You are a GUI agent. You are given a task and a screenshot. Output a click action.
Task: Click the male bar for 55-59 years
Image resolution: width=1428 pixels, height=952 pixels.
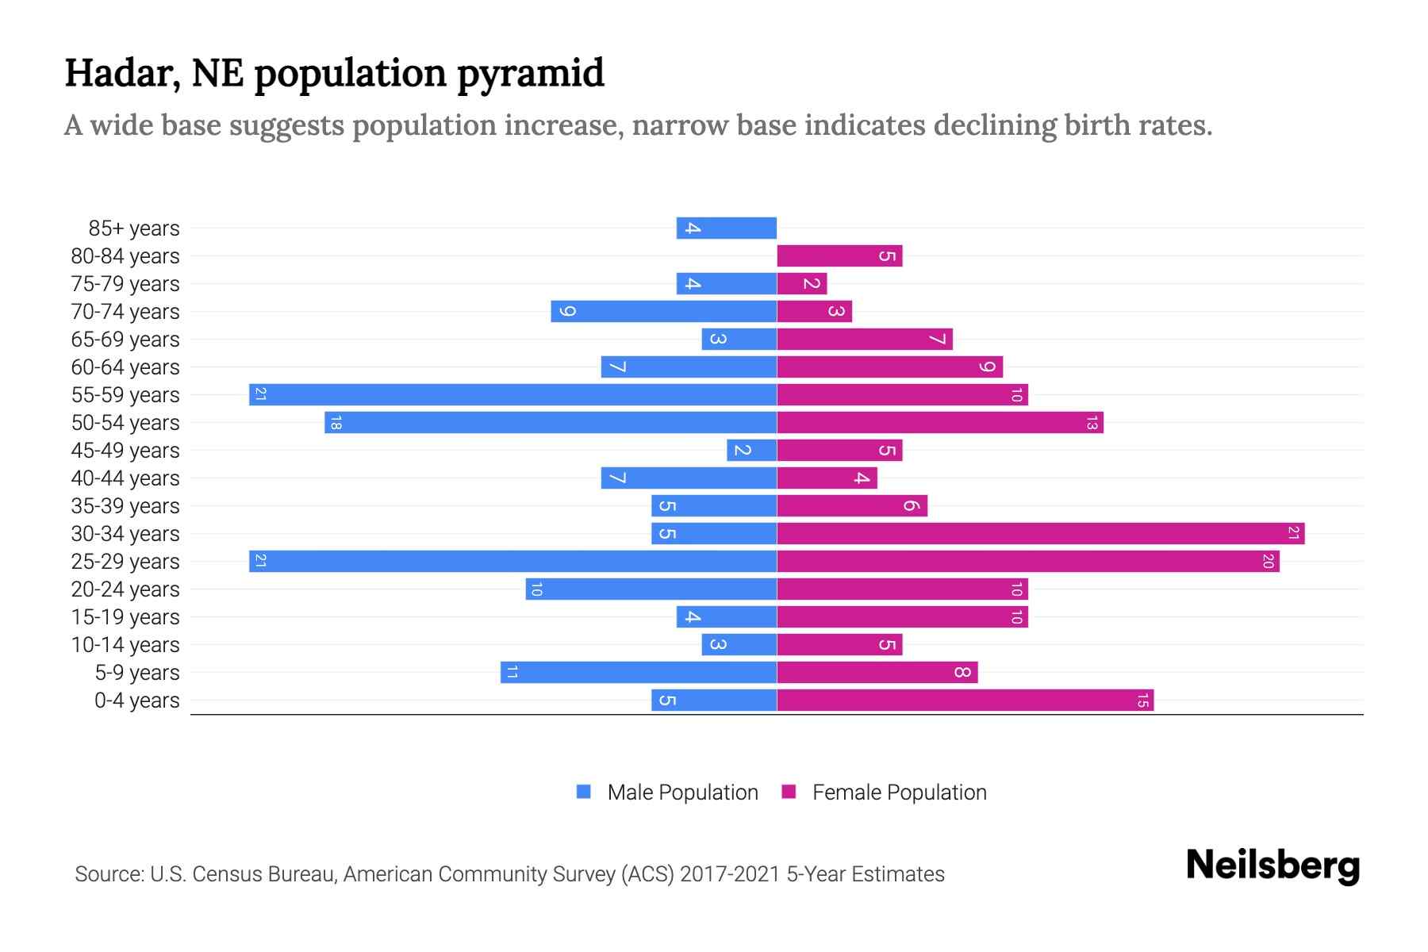coord(512,394)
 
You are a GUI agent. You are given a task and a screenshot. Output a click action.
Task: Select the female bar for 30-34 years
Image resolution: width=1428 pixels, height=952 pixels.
coord(1040,533)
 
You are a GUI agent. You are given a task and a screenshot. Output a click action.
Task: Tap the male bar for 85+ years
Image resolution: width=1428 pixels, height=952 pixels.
coord(726,228)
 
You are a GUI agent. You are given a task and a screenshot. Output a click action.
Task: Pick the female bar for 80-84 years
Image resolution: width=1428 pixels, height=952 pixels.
coord(839,255)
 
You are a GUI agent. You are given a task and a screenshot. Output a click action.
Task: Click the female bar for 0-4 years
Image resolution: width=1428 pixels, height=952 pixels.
coord(965,700)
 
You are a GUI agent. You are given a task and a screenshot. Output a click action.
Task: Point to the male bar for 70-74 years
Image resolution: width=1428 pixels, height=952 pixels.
coord(663,311)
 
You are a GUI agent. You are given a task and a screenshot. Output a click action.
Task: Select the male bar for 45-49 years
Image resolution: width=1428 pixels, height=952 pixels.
coord(751,450)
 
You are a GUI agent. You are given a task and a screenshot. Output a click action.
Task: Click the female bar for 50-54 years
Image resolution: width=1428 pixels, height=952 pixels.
coord(939,422)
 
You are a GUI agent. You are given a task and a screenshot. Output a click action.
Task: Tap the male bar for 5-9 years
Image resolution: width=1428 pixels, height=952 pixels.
coord(638,672)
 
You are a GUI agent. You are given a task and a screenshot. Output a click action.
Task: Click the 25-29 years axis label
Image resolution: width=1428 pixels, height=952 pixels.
coord(125,562)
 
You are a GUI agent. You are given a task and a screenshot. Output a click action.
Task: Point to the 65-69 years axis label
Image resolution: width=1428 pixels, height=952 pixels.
coord(125,340)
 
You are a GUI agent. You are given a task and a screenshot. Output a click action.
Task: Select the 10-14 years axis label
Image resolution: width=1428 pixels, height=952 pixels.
coord(125,645)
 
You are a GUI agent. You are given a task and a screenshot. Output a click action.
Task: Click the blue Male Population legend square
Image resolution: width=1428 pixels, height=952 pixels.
coord(584,792)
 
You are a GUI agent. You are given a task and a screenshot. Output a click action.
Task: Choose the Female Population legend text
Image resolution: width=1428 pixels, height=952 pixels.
coord(899,793)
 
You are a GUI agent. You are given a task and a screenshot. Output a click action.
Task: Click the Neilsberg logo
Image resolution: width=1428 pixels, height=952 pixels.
coord(1273,866)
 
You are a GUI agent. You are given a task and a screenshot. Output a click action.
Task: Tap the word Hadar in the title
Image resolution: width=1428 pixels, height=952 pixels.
coord(116,73)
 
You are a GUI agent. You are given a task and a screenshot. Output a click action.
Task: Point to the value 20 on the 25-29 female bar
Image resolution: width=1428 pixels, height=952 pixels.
coord(1268,561)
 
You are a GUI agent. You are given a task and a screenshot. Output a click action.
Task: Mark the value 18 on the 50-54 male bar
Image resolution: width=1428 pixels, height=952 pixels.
coord(336,423)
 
